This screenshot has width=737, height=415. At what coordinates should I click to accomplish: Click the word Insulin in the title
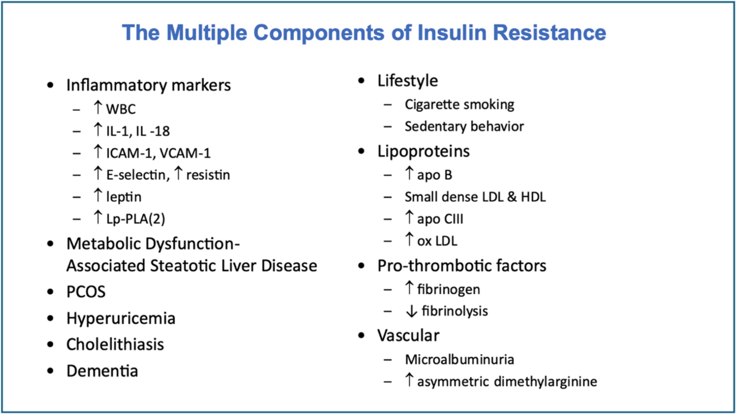coord(452,32)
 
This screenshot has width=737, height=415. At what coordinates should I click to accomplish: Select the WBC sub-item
coord(121,109)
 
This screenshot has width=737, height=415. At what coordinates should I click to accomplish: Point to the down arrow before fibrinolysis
coord(411,311)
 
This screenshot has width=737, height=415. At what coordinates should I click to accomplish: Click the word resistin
coord(208,175)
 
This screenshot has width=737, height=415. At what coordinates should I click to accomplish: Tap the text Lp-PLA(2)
coord(136,219)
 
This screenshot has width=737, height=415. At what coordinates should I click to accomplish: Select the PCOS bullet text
coord(86,292)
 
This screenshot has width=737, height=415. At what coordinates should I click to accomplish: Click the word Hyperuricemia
coord(121,318)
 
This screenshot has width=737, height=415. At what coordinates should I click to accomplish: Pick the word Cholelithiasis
coord(115,345)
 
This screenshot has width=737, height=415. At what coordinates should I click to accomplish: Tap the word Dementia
coord(102,371)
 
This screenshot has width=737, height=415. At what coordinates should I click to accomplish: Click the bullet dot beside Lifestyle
coord(361,81)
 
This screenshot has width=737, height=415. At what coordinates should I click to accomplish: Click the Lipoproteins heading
coord(423,152)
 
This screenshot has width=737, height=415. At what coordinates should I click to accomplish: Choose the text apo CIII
coord(440,219)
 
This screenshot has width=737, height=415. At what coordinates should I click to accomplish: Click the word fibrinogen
coord(449,289)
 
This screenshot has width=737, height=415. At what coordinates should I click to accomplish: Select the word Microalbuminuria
coord(459,359)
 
